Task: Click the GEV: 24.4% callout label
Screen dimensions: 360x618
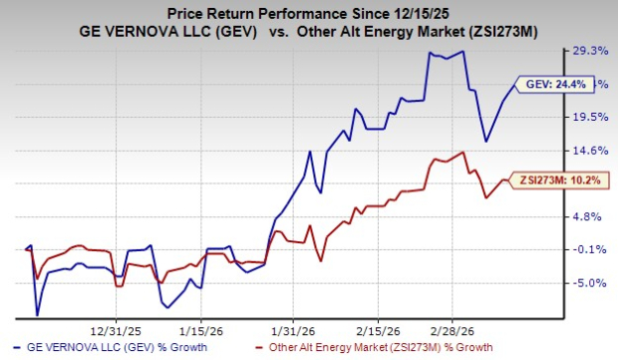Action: point(549,85)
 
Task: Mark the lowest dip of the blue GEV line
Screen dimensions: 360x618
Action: point(38,315)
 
